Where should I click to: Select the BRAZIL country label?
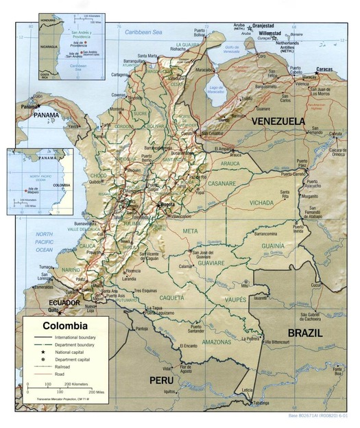305,333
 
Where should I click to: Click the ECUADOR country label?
63,302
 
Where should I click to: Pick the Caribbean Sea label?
147,32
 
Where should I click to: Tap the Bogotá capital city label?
167,204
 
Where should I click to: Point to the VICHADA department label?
261,203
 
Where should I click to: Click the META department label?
190,232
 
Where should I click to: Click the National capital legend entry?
71,352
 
